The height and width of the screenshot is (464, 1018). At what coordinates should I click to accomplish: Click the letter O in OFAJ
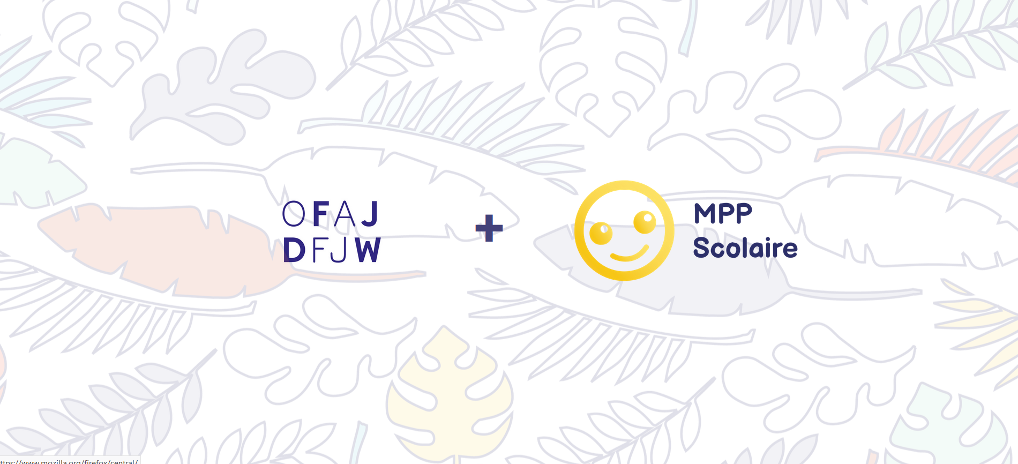click(x=294, y=214)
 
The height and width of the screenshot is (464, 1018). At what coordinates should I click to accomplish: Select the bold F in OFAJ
click(x=320, y=214)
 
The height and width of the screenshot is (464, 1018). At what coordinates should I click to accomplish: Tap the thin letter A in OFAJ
click(x=345, y=214)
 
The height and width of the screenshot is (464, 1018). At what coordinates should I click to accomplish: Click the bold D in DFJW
click(x=294, y=250)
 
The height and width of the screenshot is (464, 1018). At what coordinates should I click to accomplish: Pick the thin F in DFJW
click(x=319, y=250)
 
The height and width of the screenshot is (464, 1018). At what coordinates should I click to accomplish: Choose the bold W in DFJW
click(x=368, y=250)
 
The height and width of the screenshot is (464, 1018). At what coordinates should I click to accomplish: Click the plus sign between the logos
click(x=489, y=228)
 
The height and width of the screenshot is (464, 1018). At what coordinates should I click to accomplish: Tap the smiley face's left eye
click(x=601, y=233)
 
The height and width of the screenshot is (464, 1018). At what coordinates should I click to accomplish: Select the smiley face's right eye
click(x=645, y=221)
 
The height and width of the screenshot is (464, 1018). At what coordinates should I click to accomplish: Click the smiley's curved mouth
click(x=630, y=255)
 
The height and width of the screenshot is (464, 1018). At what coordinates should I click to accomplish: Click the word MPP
click(x=723, y=213)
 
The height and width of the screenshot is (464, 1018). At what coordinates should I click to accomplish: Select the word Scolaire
click(x=745, y=248)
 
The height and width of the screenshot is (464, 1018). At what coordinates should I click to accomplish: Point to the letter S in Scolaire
click(x=702, y=248)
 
